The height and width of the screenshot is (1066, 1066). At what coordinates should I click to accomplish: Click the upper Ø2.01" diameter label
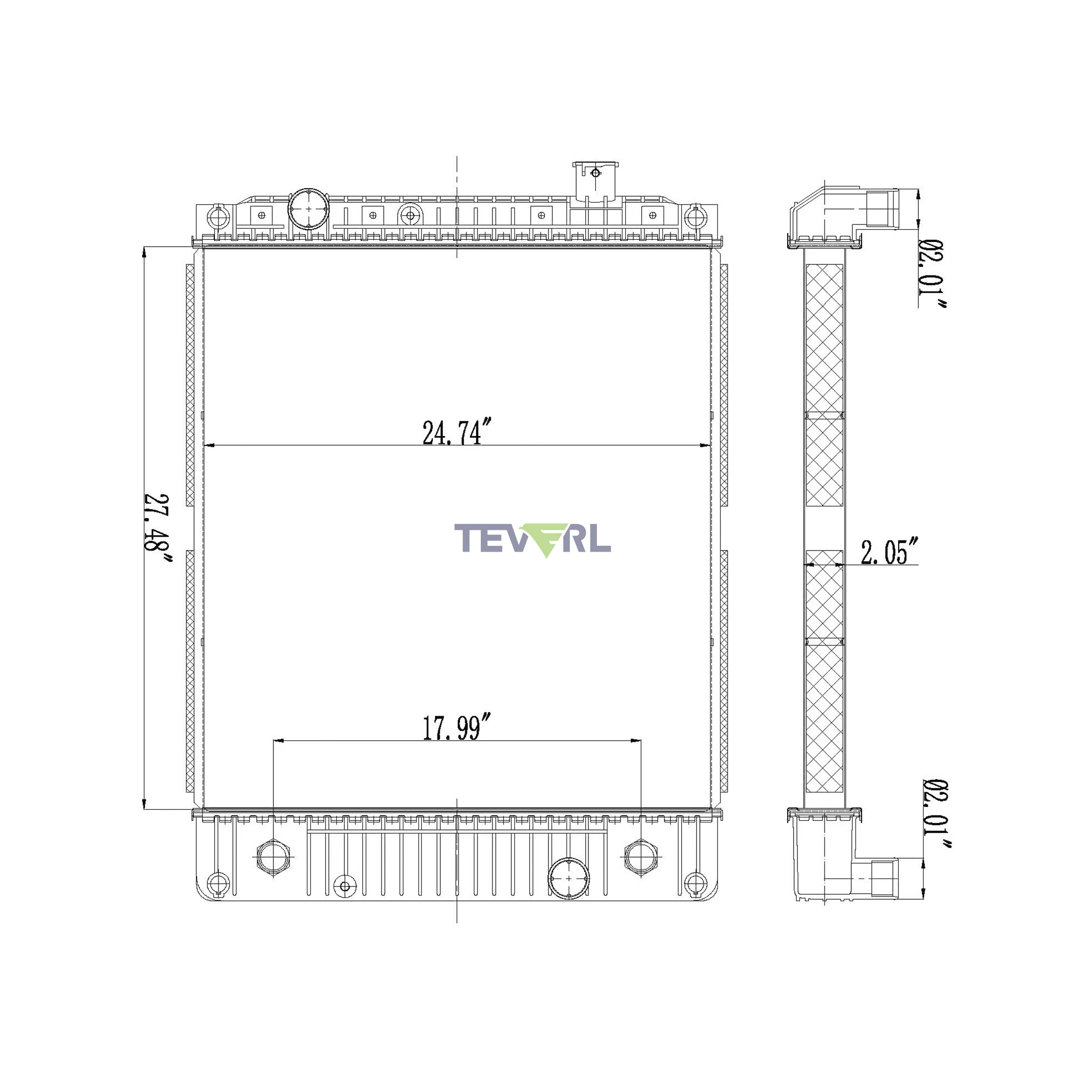932,274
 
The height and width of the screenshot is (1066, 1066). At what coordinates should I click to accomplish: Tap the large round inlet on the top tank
309,209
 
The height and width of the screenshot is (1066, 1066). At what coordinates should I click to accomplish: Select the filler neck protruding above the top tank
595,182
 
